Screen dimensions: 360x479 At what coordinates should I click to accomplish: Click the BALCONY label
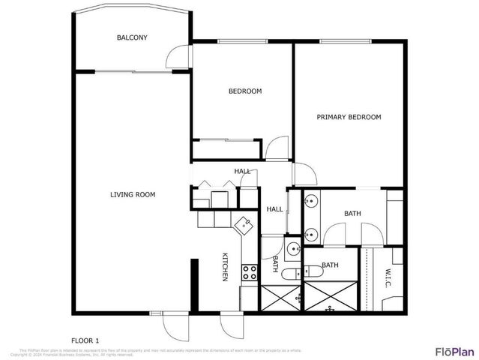pos(132,38)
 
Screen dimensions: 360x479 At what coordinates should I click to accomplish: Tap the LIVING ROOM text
pos(133,195)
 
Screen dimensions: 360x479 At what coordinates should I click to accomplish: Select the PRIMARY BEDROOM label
pos(349,117)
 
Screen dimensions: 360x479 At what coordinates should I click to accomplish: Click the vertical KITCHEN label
pos(224,268)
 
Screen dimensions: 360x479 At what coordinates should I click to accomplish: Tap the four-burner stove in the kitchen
pos(249,274)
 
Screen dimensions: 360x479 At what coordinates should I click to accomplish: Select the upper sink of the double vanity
pos(311,201)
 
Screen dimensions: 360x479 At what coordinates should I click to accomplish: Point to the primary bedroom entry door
pos(304,175)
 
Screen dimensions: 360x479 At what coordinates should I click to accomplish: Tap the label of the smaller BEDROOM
pos(245,91)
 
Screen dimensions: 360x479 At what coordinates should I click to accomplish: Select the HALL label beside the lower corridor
pos(274,209)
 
